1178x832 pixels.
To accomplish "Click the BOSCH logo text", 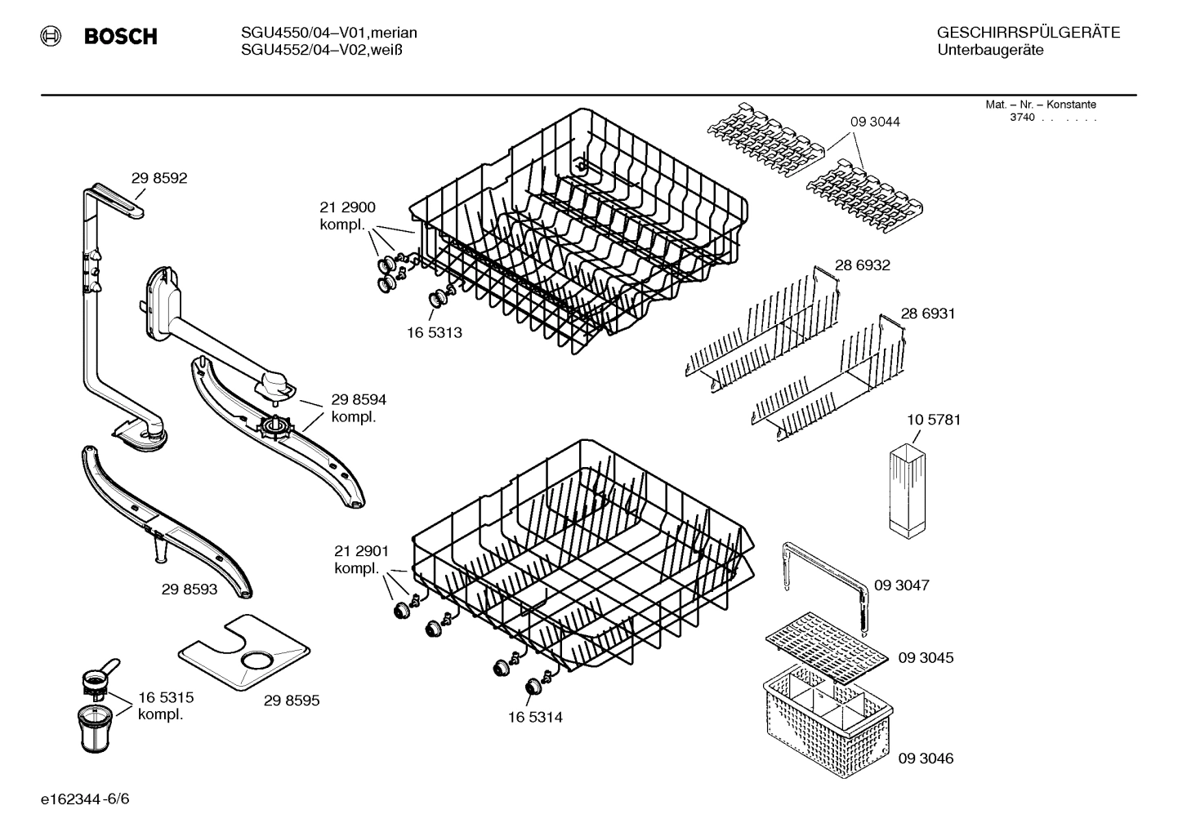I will [120, 37].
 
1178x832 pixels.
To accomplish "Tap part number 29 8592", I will [159, 178].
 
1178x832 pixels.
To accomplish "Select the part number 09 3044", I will [875, 122].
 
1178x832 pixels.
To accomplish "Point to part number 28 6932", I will [862, 265].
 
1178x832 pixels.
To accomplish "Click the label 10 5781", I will [933, 420].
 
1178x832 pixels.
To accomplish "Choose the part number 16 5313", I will [435, 332].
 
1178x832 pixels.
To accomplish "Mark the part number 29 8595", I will [292, 701].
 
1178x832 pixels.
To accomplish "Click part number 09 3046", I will [926, 758].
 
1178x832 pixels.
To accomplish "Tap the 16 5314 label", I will [535, 717].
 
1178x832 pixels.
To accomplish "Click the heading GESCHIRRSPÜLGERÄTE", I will [1028, 33].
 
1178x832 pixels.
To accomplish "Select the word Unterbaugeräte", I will [990, 51].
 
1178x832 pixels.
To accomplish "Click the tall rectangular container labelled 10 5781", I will [906, 489].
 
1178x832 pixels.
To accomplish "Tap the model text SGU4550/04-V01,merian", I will [329, 33].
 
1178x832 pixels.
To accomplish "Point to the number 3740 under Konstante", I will [1022, 118].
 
